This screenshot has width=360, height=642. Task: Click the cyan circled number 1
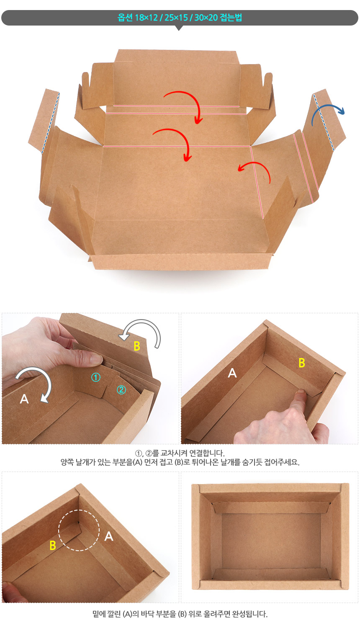(x=96, y=377)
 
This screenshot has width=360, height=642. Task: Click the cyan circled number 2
(x=121, y=390)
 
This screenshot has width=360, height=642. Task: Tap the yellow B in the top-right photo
(x=301, y=363)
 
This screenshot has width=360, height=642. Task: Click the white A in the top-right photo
(x=232, y=373)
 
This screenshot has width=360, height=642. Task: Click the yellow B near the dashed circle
(x=53, y=545)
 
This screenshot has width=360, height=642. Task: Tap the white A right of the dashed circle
(x=109, y=536)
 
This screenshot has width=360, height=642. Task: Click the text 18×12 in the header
(x=146, y=18)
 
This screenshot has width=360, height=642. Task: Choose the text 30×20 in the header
(x=206, y=18)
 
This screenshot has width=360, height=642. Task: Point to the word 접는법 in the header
(x=231, y=18)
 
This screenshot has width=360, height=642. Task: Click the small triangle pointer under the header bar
(x=179, y=28)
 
